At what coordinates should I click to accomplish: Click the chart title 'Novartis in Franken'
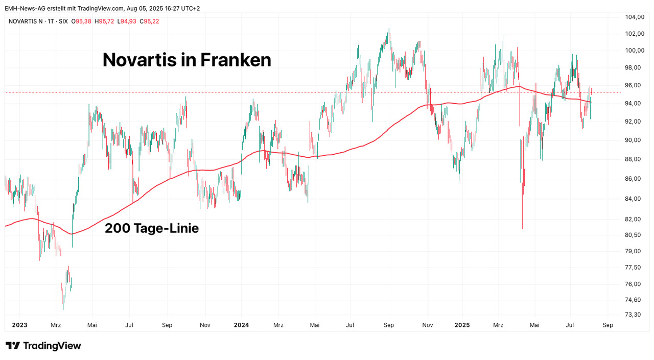[x=186, y=60]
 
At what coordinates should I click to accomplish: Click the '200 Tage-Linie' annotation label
[x=152, y=228]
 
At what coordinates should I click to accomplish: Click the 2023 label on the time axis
[x=19, y=325]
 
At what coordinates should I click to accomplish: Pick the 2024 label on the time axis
[x=241, y=325]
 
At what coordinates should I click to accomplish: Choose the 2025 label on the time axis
[x=462, y=325]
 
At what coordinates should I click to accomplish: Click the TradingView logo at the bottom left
[x=43, y=346]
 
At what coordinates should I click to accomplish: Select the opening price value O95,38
[x=81, y=21]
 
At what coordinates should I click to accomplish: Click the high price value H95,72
[x=104, y=21]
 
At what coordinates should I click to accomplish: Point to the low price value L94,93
[x=127, y=21]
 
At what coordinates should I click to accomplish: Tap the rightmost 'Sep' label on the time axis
[x=608, y=325]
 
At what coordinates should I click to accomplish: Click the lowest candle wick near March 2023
[x=63, y=308]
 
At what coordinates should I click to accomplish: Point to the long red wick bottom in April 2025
[x=522, y=228]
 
